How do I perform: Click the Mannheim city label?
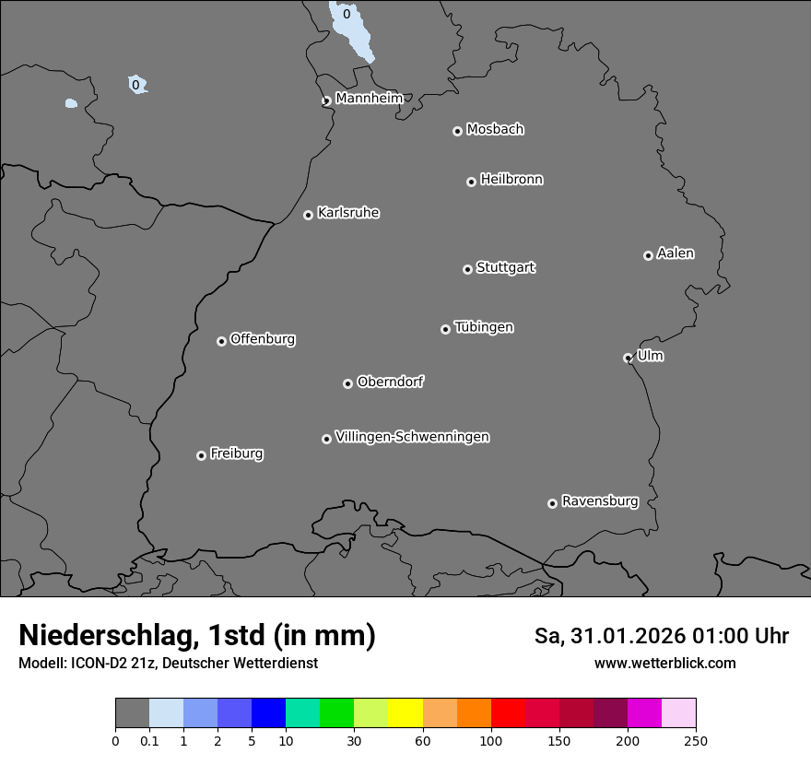369,98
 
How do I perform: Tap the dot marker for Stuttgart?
467,269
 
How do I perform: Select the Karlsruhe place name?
348,213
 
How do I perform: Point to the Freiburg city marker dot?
201,455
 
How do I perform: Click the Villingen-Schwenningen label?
412,437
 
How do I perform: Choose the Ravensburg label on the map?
600,501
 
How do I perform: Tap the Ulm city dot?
628,358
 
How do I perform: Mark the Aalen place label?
676,253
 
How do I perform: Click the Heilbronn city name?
511,180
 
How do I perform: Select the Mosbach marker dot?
457,131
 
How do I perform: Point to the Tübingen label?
484,327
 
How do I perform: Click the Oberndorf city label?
390,382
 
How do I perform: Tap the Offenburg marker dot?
221,341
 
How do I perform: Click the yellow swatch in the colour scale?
405,713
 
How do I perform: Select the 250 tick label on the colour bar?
696,741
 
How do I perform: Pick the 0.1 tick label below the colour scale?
149,741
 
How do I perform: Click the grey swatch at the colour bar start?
132,713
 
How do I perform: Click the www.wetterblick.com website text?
665,664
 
